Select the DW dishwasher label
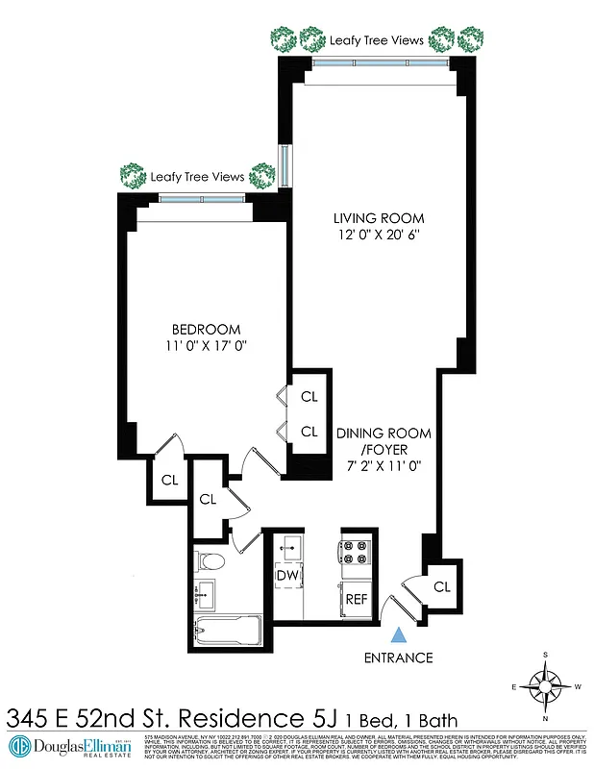(x=286, y=575)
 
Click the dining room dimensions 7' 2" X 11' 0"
(x=384, y=466)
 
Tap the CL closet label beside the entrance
(x=442, y=586)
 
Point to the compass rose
(x=545, y=686)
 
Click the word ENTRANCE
(x=398, y=658)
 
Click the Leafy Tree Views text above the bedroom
(x=197, y=177)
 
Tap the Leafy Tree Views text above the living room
(x=376, y=40)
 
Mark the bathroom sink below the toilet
(x=204, y=593)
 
